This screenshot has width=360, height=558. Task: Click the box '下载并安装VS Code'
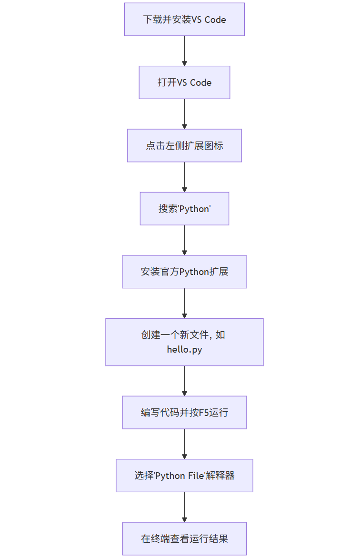click(184, 20)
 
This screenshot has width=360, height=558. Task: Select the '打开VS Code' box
click(184, 82)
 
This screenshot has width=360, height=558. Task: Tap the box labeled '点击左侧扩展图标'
click(184, 146)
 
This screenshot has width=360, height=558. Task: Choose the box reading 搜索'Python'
click(184, 209)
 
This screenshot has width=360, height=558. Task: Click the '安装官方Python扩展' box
click(184, 272)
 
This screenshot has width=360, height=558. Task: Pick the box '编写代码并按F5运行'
click(184, 412)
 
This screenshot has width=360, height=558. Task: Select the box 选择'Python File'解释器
click(184, 476)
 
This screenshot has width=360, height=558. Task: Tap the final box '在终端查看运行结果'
click(184, 538)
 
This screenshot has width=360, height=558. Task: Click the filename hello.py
click(184, 349)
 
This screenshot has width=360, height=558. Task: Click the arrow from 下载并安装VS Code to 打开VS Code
click(184, 51)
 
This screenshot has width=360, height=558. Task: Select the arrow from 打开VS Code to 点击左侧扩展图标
click(184, 114)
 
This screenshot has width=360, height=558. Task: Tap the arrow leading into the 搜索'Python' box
click(184, 177)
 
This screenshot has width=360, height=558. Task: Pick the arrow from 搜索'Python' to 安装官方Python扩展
click(184, 240)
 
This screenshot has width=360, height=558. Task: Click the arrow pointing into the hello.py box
click(184, 303)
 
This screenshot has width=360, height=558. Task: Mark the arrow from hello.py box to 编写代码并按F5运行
click(184, 381)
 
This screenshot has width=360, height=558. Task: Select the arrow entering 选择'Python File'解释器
click(184, 444)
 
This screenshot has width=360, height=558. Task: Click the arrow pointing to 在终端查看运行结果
click(184, 507)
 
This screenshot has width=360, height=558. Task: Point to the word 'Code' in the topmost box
click(215, 20)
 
